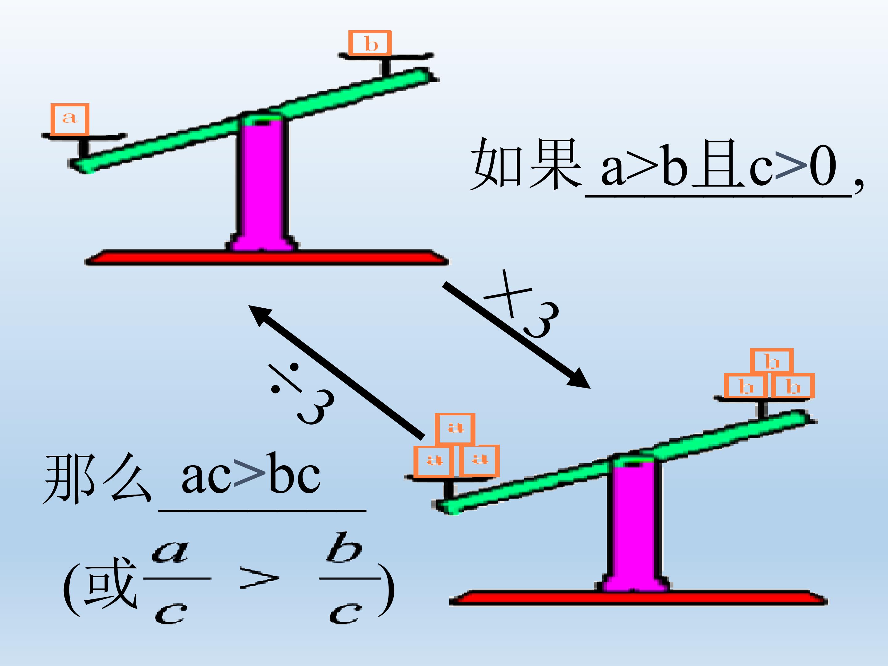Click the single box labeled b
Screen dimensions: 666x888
(x=370, y=43)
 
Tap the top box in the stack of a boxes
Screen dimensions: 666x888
(x=455, y=428)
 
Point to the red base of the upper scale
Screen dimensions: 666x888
(x=267, y=258)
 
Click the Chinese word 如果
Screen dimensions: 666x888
(x=526, y=164)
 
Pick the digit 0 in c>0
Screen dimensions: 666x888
(x=823, y=165)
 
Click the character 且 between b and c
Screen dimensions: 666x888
(x=719, y=164)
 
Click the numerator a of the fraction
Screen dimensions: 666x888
(x=170, y=552)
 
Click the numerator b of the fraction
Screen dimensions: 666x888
(x=344, y=548)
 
